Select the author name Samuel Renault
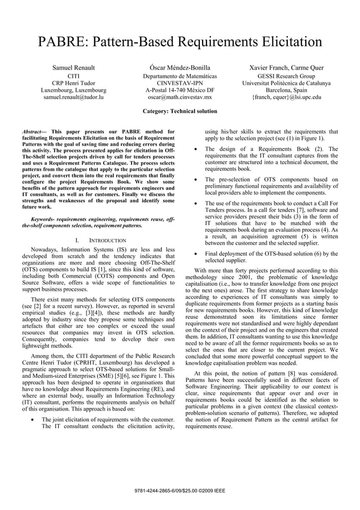[73, 68]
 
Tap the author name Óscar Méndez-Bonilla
[179, 68]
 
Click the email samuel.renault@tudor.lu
[73, 97]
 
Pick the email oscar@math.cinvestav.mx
[179, 97]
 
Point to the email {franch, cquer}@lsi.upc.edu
[286, 97]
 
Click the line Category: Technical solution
[180, 111]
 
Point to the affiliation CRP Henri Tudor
[73, 82]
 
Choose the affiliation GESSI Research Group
[286, 75]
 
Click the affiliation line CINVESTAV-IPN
[179, 82]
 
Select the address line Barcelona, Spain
[286, 90]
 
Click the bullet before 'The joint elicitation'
[35, 420]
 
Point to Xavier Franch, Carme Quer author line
[286, 68]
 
